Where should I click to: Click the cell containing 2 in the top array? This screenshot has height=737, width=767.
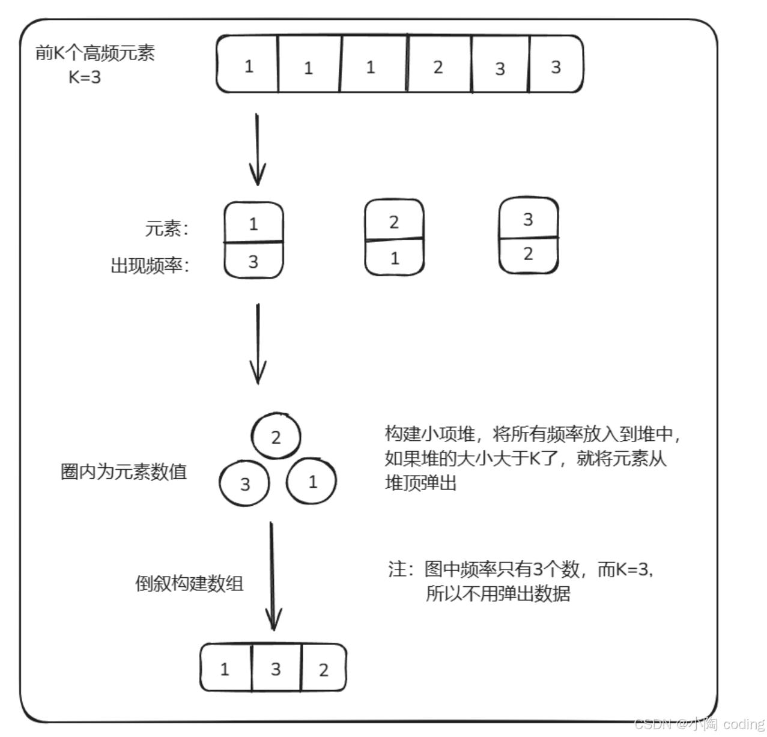pos(438,66)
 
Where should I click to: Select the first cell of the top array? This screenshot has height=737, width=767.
pos(248,65)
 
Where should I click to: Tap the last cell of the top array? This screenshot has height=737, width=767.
pos(556,65)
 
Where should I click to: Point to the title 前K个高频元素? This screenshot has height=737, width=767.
pos(95,53)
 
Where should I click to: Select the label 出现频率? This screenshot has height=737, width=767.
pos(150,265)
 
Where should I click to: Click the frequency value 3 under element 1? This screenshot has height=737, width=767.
pos(253,261)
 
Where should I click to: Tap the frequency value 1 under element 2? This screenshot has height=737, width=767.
pos(395,258)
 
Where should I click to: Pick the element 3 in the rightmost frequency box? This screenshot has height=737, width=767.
pos(528,219)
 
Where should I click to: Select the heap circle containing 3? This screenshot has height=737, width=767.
pos(244,484)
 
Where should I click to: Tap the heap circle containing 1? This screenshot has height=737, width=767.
pos(312,481)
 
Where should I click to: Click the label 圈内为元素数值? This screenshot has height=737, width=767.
pos(124,472)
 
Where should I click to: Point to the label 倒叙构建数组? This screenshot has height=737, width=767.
pos(189,583)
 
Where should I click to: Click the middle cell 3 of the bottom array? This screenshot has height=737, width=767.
pos(276,668)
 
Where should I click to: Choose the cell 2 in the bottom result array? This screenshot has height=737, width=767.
pos(323,669)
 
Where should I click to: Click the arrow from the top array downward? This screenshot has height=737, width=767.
pos(258,150)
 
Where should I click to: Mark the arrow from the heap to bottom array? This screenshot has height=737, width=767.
pos(273,577)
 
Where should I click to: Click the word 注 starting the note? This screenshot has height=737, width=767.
pos(398,568)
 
